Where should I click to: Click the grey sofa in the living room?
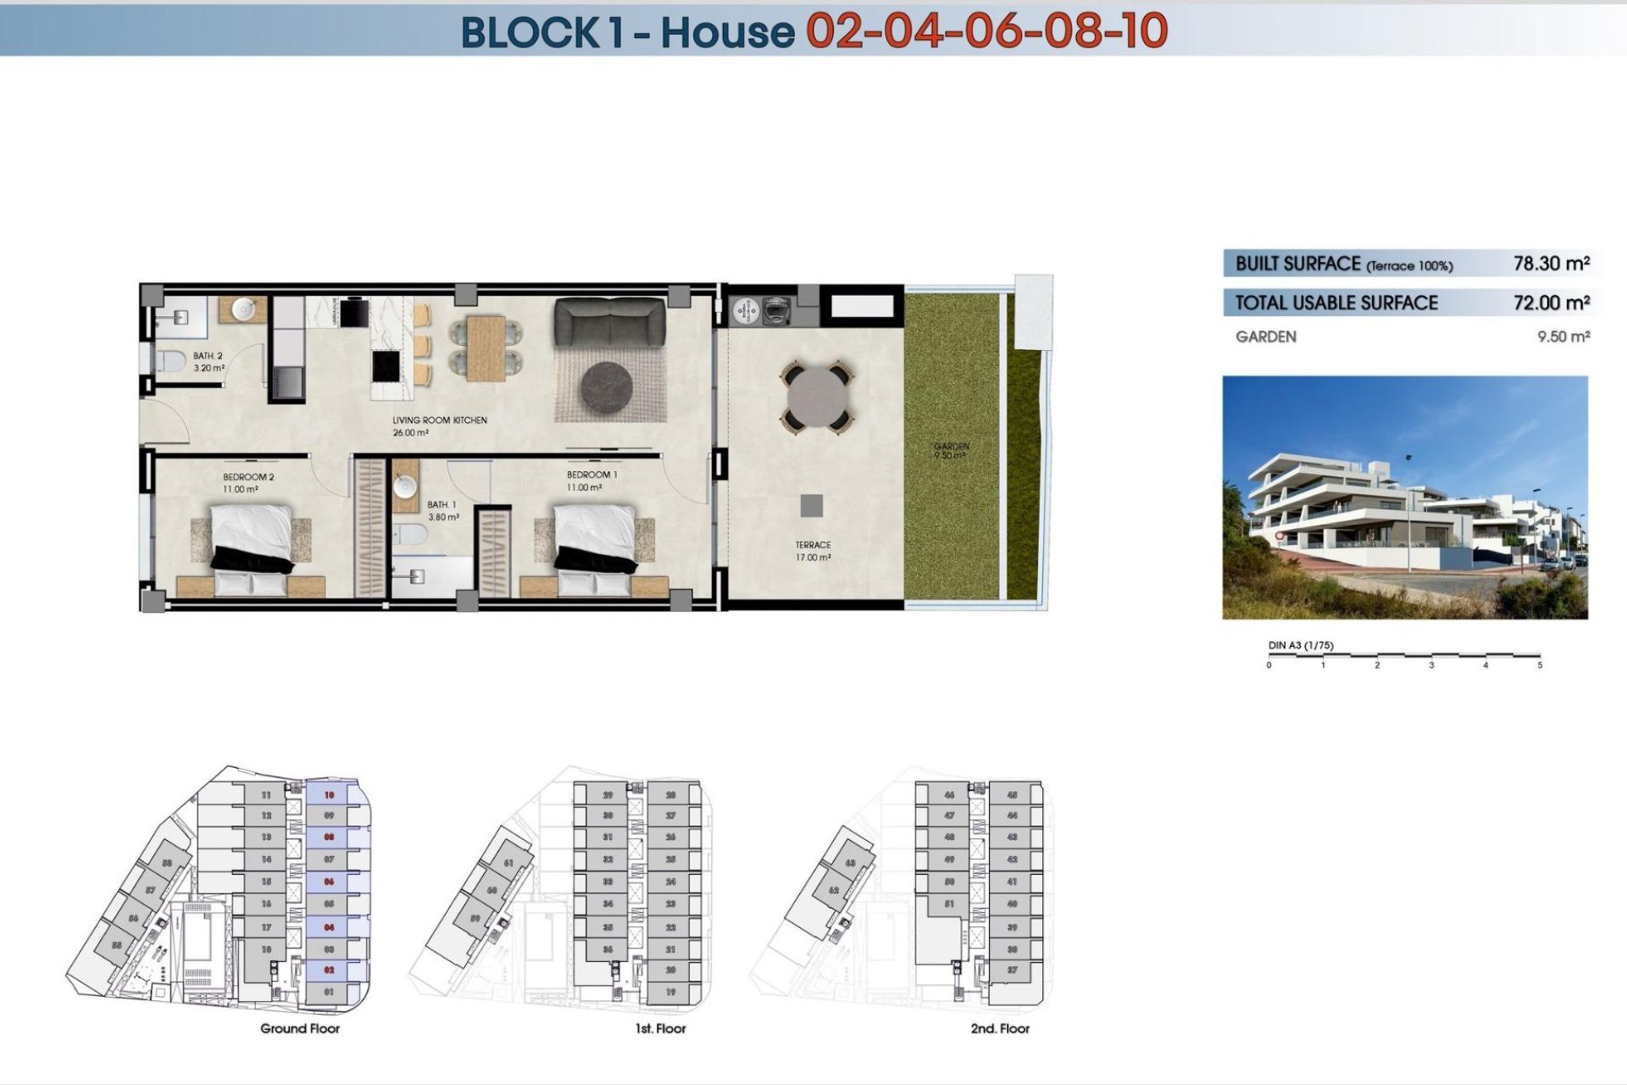click(x=609, y=322)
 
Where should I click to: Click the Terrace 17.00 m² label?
click(x=813, y=551)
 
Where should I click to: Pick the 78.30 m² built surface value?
click(x=1551, y=264)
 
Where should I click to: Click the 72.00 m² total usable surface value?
click(x=1551, y=303)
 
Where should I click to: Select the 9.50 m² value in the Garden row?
click(x=1563, y=337)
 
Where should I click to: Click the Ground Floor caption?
click(x=300, y=1028)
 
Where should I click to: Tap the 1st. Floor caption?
click(x=660, y=1028)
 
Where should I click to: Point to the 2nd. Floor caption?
click(x=1000, y=1028)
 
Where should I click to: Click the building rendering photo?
click(x=1404, y=498)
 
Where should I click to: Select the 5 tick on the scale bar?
click(x=1539, y=665)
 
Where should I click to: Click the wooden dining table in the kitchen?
click(x=486, y=348)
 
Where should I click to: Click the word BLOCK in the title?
click(x=530, y=32)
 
